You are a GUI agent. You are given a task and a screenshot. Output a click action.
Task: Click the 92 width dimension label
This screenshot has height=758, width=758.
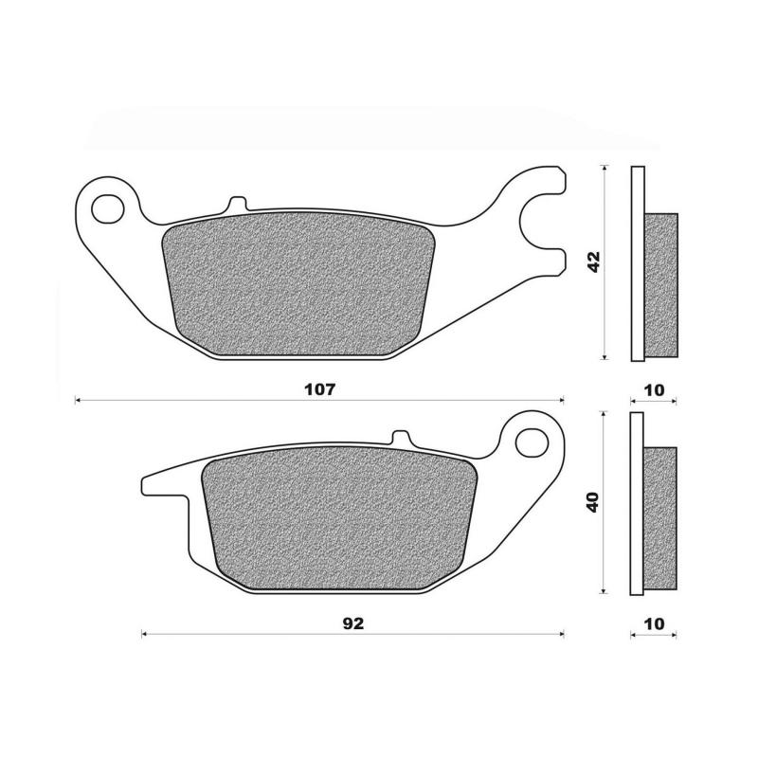point(354,623)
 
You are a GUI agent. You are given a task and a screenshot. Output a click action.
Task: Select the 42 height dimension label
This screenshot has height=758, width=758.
point(594,262)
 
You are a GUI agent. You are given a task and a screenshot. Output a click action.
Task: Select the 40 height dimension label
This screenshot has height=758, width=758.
point(594,502)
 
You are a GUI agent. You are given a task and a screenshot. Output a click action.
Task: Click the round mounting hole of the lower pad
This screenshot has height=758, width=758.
point(535,440)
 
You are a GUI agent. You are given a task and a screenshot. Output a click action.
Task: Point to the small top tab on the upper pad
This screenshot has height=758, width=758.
point(236,204)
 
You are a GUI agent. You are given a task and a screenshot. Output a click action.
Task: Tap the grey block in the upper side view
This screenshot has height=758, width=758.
point(662,284)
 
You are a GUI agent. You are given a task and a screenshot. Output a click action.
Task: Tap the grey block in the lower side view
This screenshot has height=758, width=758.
point(662,518)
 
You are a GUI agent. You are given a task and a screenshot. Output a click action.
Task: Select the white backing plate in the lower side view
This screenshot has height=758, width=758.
point(637,502)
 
